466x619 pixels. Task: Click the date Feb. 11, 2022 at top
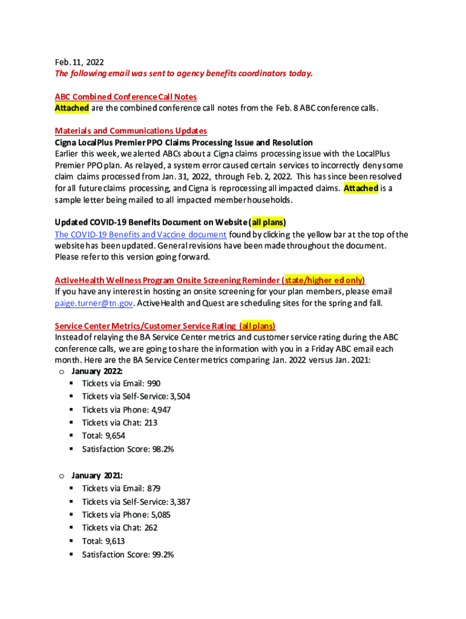[79, 62]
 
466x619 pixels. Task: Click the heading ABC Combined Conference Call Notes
[125, 97]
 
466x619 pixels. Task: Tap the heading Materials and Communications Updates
[131, 131]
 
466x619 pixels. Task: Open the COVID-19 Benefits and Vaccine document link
[140, 235]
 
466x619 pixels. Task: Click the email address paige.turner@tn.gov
[93, 303]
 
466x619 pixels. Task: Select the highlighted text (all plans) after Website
[264, 222]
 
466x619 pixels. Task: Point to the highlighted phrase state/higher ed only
[324, 280]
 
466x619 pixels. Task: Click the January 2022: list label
[97, 371]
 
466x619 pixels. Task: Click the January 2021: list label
[97, 476]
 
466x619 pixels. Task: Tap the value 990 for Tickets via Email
[153, 383]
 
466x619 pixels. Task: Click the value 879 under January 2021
[153, 488]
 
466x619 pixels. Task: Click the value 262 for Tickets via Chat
[151, 528]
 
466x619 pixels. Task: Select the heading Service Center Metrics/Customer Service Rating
[145, 326]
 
